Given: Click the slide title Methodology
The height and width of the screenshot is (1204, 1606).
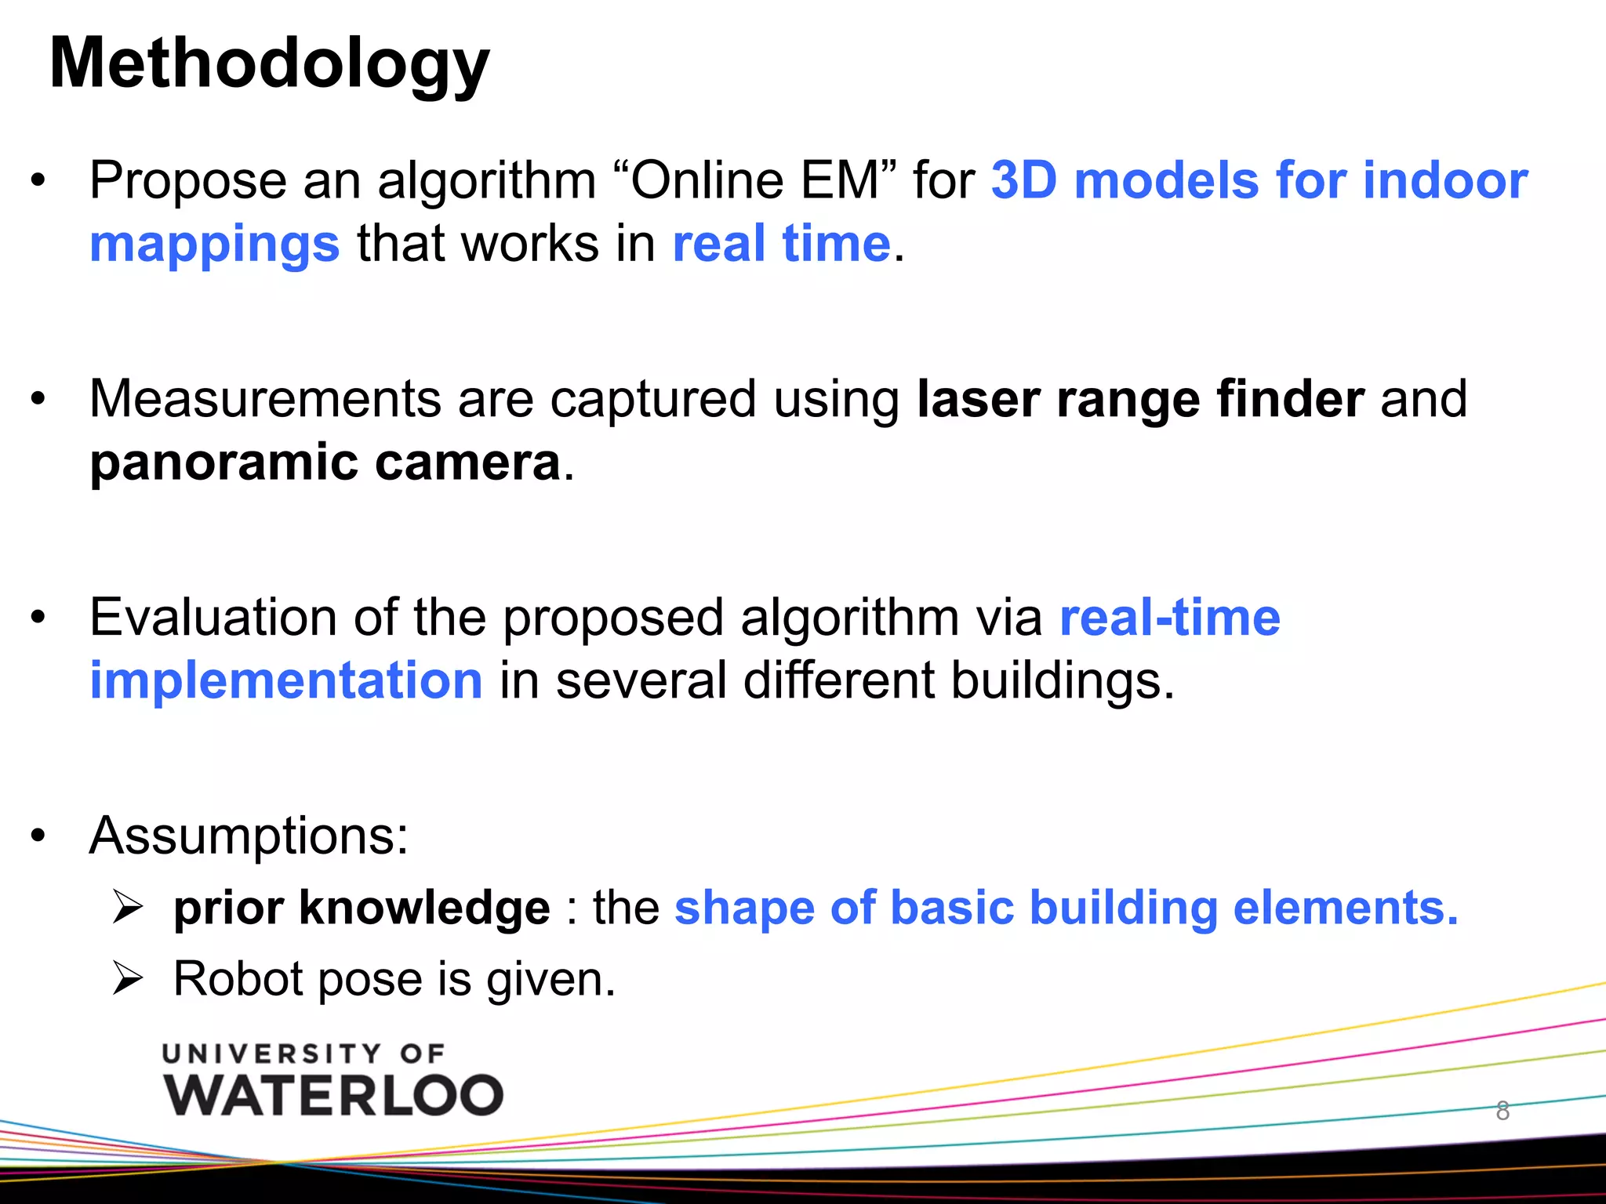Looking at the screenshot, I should (x=269, y=64).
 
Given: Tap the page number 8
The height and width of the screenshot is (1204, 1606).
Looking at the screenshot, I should (x=1502, y=1111).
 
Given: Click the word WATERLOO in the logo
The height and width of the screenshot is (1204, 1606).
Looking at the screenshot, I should (x=333, y=1095).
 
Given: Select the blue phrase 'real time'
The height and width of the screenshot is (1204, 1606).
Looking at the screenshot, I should (x=782, y=243).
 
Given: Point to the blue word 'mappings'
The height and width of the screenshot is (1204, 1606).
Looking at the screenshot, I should (x=215, y=245).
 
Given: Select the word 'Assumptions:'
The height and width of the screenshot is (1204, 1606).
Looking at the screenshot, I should (x=249, y=836).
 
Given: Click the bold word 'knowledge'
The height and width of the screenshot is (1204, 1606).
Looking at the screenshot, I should (x=424, y=908).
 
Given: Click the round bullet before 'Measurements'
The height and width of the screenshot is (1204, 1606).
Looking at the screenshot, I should (x=38, y=400).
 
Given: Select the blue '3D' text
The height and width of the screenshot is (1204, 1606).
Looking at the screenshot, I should (x=1026, y=180).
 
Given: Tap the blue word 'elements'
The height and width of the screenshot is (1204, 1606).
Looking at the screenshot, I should (x=1344, y=908).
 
